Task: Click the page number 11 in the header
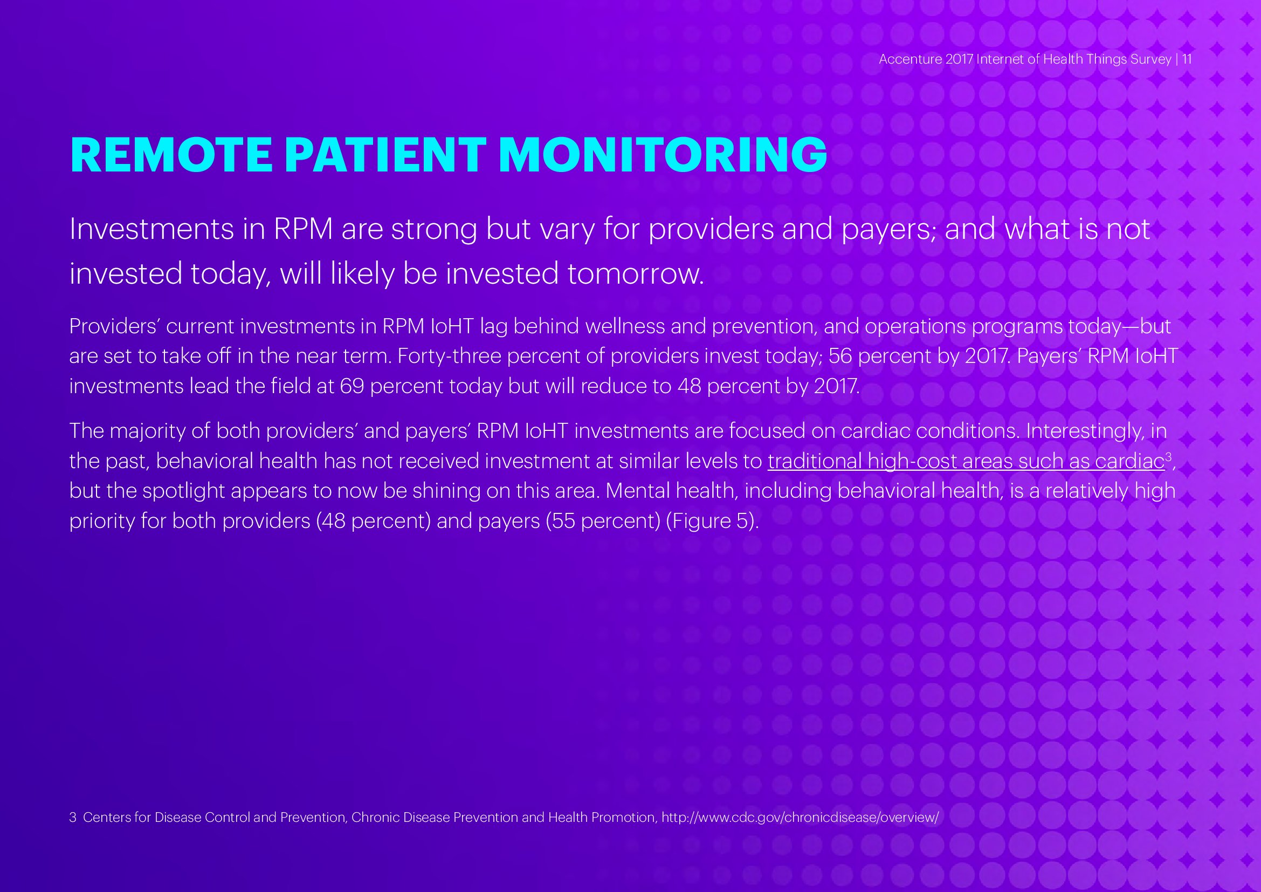tap(1187, 59)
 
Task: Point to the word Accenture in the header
tap(910, 59)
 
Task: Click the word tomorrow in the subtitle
tap(635, 273)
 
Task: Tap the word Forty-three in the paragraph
tap(449, 356)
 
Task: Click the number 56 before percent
tap(840, 356)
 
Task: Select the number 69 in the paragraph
tap(352, 387)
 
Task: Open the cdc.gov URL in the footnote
tap(800, 817)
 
